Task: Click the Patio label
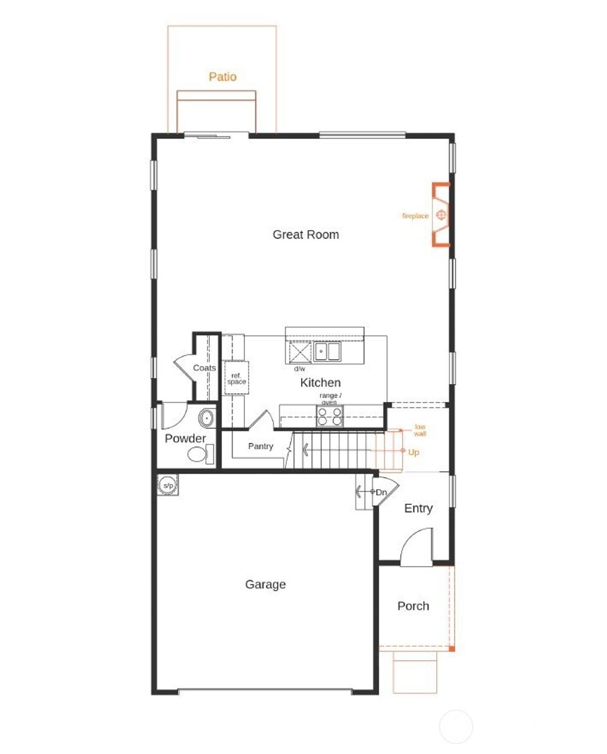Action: point(222,76)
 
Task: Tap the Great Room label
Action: point(305,234)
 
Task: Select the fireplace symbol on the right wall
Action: point(441,215)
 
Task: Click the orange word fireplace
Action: point(415,216)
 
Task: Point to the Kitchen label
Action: point(320,382)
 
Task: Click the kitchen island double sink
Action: point(327,352)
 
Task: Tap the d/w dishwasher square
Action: point(299,353)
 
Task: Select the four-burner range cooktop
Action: point(330,417)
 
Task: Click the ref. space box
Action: point(236,378)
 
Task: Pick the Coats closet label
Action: point(205,368)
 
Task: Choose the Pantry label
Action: point(260,446)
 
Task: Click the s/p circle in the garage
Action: point(168,486)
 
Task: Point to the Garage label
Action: point(265,584)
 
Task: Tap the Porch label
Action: point(413,606)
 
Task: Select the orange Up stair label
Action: point(414,452)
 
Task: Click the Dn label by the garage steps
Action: point(381,492)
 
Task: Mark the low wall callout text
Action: point(420,430)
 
